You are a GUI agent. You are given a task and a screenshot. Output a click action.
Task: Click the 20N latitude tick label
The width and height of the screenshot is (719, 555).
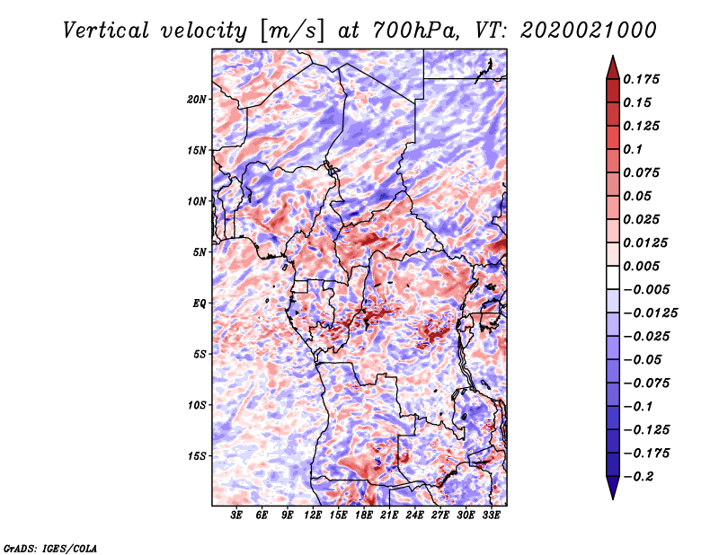click(x=198, y=99)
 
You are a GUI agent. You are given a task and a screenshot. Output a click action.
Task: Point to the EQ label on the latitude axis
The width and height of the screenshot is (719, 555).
click(x=200, y=304)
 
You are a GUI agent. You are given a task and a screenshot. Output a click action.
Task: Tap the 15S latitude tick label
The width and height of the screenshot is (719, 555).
click(x=198, y=456)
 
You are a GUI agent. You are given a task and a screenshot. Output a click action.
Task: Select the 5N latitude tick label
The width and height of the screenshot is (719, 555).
click(x=200, y=252)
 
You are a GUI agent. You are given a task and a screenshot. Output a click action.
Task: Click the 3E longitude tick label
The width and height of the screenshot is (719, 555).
click(x=237, y=516)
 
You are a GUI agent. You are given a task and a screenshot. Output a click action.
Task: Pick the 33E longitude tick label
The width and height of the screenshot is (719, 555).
click(x=492, y=516)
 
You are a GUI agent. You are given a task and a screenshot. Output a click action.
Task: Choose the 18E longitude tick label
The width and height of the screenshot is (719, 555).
click(x=364, y=516)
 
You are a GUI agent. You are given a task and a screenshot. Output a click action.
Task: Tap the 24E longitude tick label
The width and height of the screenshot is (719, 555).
click(x=415, y=516)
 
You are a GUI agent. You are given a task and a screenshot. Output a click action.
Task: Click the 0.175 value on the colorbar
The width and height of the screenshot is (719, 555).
click(x=644, y=79)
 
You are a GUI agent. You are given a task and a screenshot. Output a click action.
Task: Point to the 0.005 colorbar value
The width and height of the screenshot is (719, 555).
click(x=644, y=266)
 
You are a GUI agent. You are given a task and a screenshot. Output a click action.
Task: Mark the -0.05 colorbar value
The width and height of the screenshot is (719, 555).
click(x=644, y=359)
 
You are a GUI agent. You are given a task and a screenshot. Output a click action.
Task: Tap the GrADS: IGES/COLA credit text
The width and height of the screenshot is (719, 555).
click(x=50, y=546)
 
